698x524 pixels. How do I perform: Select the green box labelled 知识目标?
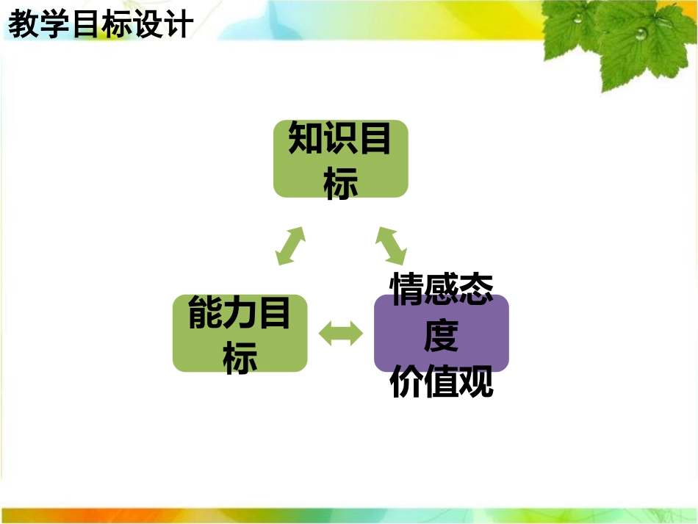click(x=340, y=159)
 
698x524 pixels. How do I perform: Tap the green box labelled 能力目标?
click(x=240, y=334)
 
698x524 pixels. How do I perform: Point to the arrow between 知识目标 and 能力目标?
click(x=291, y=245)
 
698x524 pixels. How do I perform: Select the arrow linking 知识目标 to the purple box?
click(x=391, y=245)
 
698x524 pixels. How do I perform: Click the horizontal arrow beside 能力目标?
click(x=341, y=334)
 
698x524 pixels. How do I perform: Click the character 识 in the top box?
click(x=339, y=140)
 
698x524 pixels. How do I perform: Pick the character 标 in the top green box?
click(x=340, y=183)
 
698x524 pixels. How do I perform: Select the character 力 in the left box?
click(x=240, y=314)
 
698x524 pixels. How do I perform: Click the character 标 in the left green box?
click(x=240, y=358)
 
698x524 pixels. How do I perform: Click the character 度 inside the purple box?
click(x=442, y=336)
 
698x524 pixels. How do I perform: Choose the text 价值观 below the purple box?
click(x=442, y=383)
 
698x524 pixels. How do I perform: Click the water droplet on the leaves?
click(x=641, y=33)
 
